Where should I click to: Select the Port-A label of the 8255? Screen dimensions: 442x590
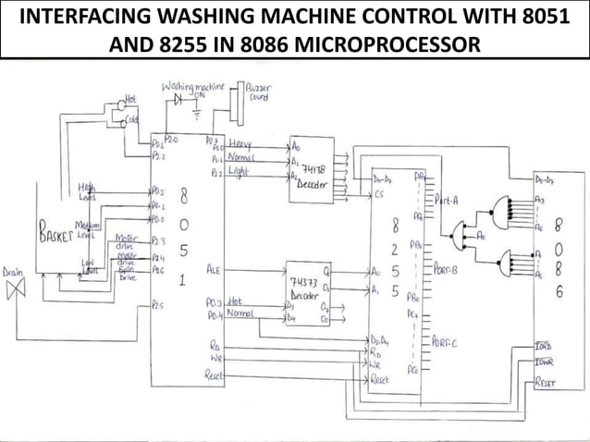point(448,198)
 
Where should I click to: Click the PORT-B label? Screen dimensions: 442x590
point(447,269)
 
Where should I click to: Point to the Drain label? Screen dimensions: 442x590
point(13,273)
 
